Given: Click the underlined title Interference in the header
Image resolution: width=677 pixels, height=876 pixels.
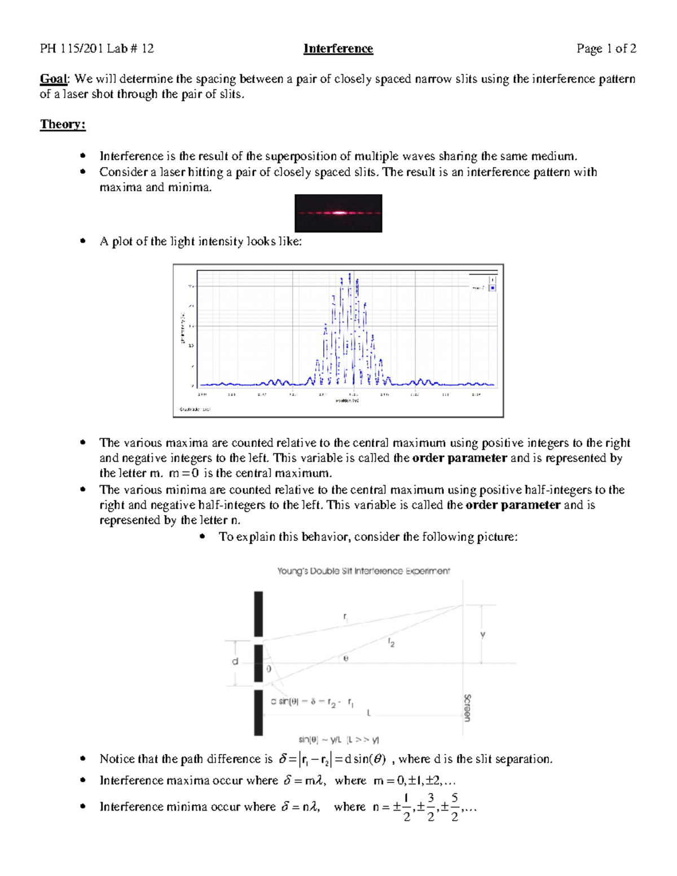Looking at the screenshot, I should click(x=338, y=49).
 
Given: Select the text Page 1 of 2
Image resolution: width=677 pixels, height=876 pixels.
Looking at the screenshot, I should click(x=606, y=49).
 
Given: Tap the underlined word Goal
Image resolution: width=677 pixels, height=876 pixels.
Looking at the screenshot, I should click(x=53, y=79).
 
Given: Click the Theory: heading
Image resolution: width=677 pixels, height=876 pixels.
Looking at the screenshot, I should click(x=63, y=124).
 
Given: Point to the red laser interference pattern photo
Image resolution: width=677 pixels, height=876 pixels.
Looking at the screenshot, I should click(x=338, y=213).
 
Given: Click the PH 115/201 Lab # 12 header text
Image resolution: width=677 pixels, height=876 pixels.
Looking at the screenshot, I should click(x=96, y=49).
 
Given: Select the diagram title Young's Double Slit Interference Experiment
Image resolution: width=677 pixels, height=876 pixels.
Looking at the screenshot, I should click(x=363, y=571).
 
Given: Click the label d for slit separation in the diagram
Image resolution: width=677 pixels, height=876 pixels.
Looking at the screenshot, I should click(x=235, y=662).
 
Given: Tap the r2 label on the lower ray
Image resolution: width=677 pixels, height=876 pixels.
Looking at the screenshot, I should click(x=391, y=642).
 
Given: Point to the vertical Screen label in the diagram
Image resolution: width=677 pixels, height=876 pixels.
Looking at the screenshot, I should click(x=467, y=707).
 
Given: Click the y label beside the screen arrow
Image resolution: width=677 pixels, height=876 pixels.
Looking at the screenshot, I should click(x=482, y=635).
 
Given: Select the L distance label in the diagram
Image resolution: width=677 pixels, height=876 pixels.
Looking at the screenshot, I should click(x=368, y=713).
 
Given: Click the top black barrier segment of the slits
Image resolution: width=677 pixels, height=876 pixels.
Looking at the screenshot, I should click(x=258, y=614).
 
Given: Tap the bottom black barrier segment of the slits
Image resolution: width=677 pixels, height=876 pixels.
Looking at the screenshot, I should click(x=258, y=712).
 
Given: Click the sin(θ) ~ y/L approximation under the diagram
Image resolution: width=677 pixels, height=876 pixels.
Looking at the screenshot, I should click(x=338, y=739).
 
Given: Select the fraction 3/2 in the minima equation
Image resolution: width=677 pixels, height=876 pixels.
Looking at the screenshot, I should click(x=430, y=807).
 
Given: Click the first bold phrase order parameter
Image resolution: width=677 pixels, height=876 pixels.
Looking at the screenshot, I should click(x=459, y=458).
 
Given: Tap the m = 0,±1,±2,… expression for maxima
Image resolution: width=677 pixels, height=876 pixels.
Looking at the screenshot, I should click(x=414, y=781).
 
